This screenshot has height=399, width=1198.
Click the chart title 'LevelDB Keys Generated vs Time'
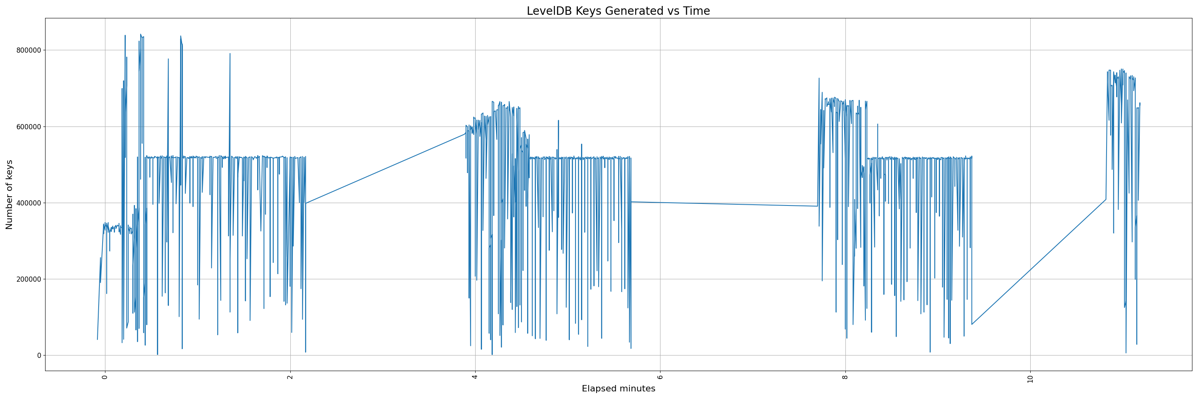(618, 11)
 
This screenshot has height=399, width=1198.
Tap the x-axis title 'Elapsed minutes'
(618, 389)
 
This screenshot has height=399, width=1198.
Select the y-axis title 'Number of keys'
(9, 195)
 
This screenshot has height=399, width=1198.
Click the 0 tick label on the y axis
(39, 356)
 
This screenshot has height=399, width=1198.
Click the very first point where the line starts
(97, 340)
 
